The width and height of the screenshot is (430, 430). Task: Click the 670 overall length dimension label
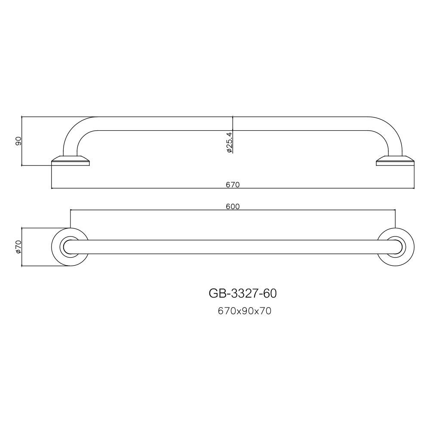click(233, 185)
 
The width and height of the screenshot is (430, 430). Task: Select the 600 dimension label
click(233, 206)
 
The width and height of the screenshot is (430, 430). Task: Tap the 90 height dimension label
click(18, 141)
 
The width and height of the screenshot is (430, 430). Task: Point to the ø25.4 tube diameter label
click(229, 142)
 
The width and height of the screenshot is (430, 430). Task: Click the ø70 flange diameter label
click(18, 247)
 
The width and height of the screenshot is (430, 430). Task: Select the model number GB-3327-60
click(243, 293)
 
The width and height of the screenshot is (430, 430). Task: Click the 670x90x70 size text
click(245, 311)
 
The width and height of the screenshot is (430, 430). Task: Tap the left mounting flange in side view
click(71, 161)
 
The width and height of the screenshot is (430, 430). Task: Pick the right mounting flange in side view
click(395, 161)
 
